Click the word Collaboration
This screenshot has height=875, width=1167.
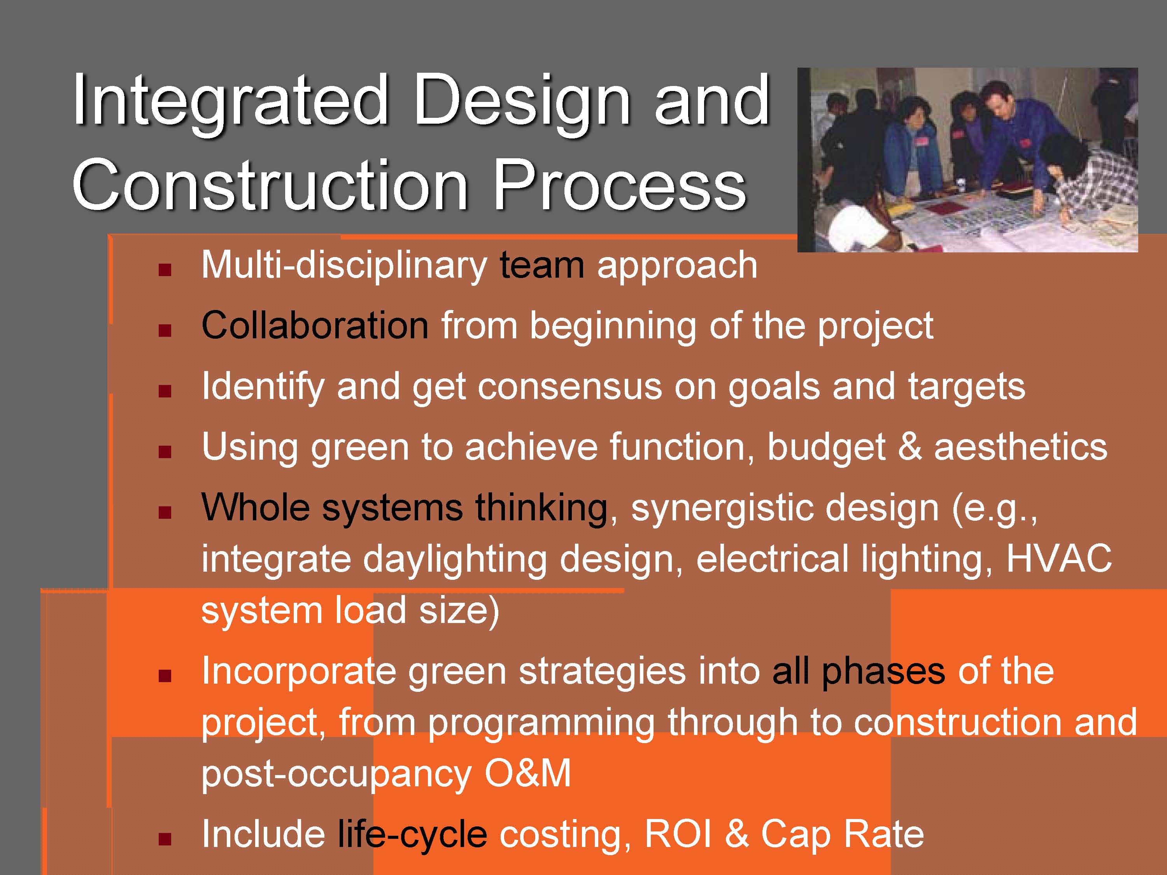(315, 325)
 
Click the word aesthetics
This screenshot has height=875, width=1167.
(1020, 447)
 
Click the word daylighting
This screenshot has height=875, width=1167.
(454, 560)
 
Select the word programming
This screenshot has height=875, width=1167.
(541, 723)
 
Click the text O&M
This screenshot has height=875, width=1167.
(527, 773)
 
